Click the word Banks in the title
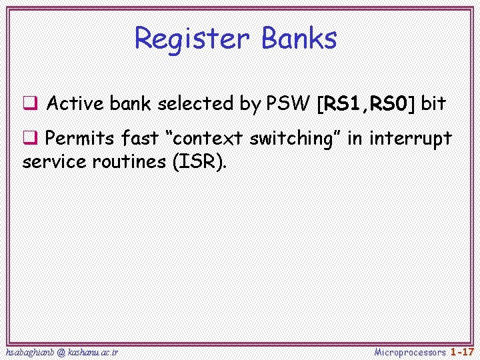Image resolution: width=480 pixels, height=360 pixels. click(299, 38)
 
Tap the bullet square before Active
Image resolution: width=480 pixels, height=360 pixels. click(29, 104)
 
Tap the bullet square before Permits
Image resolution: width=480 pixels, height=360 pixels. click(29, 139)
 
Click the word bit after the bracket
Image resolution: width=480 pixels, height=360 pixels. click(433, 104)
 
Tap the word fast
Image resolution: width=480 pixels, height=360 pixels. click(141, 139)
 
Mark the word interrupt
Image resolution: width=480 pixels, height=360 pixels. click(410, 139)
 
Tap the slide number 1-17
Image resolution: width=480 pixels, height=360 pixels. click(462, 351)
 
